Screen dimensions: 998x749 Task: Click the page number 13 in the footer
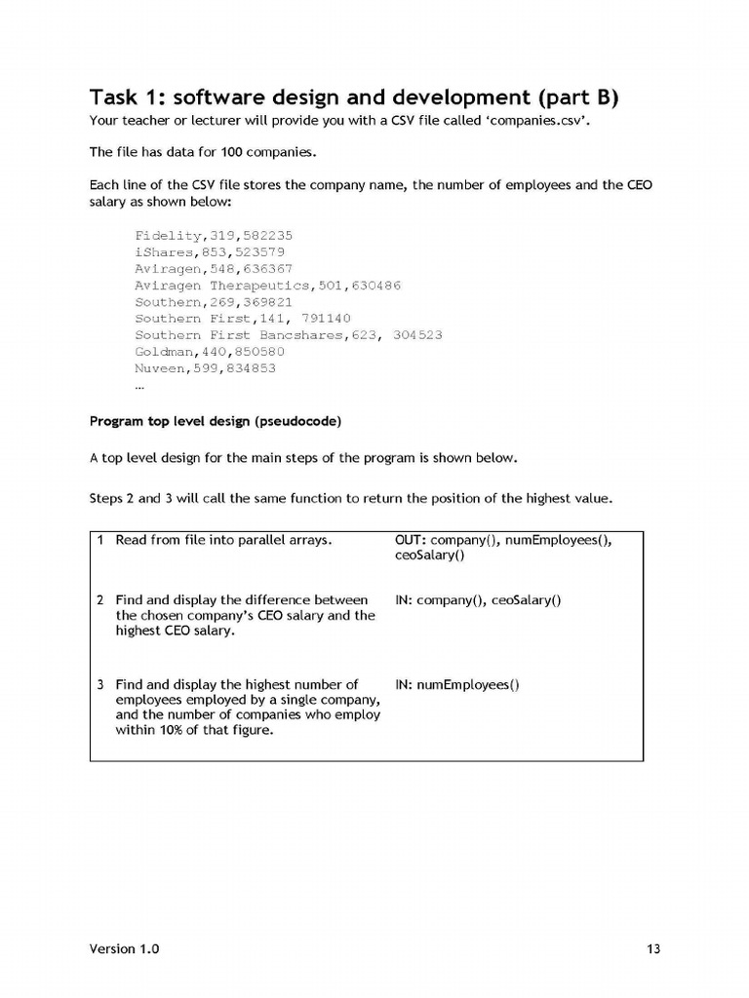pyautogui.click(x=653, y=948)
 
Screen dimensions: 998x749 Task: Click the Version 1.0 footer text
pyautogui.click(x=125, y=948)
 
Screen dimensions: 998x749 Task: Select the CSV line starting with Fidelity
pyautogui.click(x=214, y=236)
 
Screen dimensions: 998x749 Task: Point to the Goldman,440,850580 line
pyautogui.click(x=210, y=352)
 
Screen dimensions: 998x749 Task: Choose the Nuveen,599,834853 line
pyautogui.click(x=205, y=368)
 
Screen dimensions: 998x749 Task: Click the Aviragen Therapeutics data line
pyautogui.click(x=267, y=286)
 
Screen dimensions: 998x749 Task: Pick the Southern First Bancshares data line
pyautogui.click(x=288, y=335)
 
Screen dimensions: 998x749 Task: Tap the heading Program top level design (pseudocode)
pyautogui.click(x=215, y=422)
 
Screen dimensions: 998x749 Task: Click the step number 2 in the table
pyautogui.click(x=100, y=600)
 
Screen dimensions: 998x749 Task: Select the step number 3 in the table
pyautogui.click(x=100, y=684)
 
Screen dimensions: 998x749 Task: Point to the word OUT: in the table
pyautogui.click(x=410, y=539)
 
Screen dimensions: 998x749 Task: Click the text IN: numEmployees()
pyautogui.click(x=456, y=684)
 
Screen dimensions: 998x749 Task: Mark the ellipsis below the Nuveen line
pyautogui.click(x=140, y=385)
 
